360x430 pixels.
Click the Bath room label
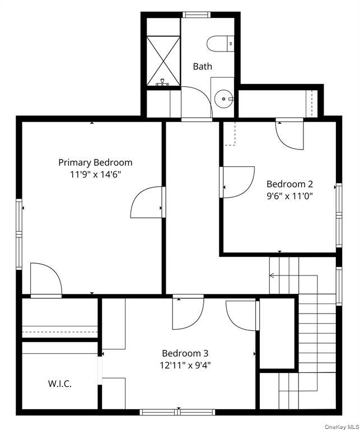click(x=202, y=67)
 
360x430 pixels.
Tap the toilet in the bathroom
click(x=220, y=44)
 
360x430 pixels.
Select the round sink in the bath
click(x=224, y=99)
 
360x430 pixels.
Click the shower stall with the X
click(x=163, y=61)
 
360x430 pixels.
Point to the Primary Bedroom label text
click(x=95, y=162)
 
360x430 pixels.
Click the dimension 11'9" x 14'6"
click(x=95, y=175)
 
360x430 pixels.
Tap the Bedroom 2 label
click(x=289, y=184)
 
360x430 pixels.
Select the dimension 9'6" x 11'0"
click(x=289, y=196)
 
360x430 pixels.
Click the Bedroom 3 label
click(x=185, y=353)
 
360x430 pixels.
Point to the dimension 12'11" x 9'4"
click(x=185, y=365)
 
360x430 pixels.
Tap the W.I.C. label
click(x=60, y=384)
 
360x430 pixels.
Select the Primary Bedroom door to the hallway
click(x=148, y=202)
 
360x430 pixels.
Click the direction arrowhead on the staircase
click(x=272, y=275)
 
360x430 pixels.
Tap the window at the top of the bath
click(x=197, y=15)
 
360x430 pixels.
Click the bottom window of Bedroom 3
click(x=177, y=412)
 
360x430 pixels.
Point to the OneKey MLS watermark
click(x=342, y=427)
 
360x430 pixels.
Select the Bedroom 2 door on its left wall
click(x=237, y=182)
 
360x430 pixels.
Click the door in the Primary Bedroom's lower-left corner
click(x=46, y=281)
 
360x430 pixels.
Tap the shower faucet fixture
click(x=163, y=82)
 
